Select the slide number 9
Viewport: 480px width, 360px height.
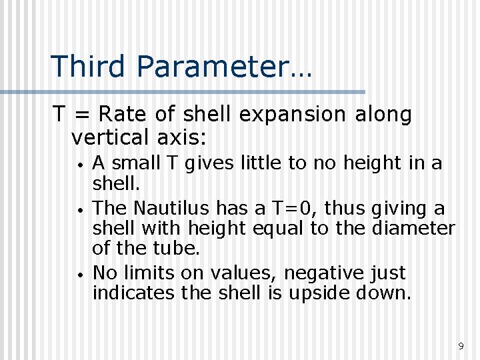[461, 346]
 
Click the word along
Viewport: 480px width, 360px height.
[383, 115]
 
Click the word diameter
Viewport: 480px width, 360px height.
[413, 228]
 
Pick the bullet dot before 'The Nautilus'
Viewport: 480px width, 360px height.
[79, 210]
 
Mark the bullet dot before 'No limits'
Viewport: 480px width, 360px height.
[79, 275]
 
